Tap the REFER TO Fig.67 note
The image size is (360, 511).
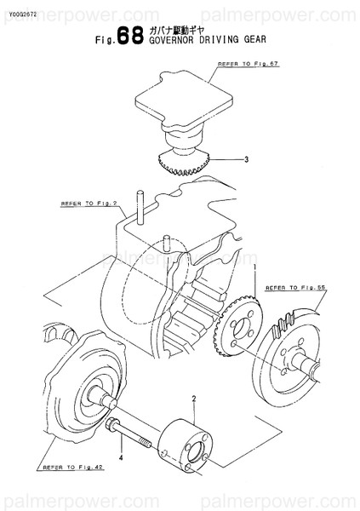click(x=247, y=65)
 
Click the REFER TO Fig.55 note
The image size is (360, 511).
click(x=296, y=289)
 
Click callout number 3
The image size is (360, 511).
click(x=246, y=159)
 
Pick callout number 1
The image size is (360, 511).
click(x=254, y=268)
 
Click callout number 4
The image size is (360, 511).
click(x=120, y=457)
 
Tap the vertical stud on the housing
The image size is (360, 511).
click(x=139, y=203)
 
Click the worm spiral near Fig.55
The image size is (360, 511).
click(x=283, y=324)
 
